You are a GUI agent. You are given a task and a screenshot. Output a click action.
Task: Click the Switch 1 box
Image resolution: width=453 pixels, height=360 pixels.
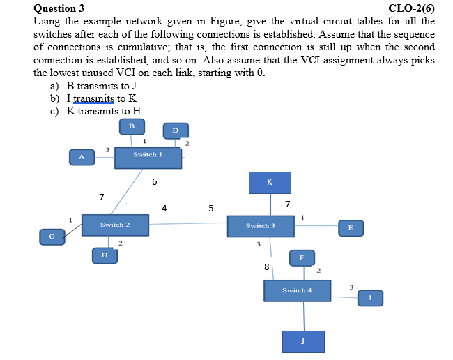(x=148, y=157)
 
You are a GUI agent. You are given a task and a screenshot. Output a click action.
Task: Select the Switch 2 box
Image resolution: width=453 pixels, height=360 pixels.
(x=115, y=225)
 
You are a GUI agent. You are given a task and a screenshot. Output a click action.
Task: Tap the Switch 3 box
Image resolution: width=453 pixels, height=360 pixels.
(x=260, y=226)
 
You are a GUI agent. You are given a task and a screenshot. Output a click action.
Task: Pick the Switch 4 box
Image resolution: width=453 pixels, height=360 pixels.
(x=297, y=290)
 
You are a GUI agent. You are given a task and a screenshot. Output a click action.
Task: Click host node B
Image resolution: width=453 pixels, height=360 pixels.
(x=131, y=126)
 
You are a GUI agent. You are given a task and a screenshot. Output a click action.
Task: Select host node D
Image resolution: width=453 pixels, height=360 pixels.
(x=175, y=130)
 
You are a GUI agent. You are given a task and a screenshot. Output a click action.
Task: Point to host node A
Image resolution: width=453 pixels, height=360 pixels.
(x=82, y=157)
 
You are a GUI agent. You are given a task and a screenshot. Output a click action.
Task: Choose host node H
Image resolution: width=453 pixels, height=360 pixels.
(x=105, y=255)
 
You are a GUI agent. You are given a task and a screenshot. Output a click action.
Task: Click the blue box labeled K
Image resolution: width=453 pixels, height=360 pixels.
(x=270, y=183)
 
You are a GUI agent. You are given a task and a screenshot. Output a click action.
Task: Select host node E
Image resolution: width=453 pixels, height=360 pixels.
(x=351, y=227)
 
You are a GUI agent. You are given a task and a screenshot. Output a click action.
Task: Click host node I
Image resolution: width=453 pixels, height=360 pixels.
(x=370, y=298)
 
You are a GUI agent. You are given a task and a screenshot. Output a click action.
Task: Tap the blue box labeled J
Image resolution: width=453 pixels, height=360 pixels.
(x=303, y=341)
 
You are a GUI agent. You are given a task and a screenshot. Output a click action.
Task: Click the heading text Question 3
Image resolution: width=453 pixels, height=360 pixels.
(x=59, y=8)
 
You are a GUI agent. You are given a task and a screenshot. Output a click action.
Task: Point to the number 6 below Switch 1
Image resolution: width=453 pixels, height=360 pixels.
(x=154, y=182)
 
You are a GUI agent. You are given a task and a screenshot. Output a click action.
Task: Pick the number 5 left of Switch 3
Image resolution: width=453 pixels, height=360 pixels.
(x=211, y=208)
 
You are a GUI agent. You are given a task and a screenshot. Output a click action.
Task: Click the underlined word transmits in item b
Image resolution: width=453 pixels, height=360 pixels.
(x=93, y=98)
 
